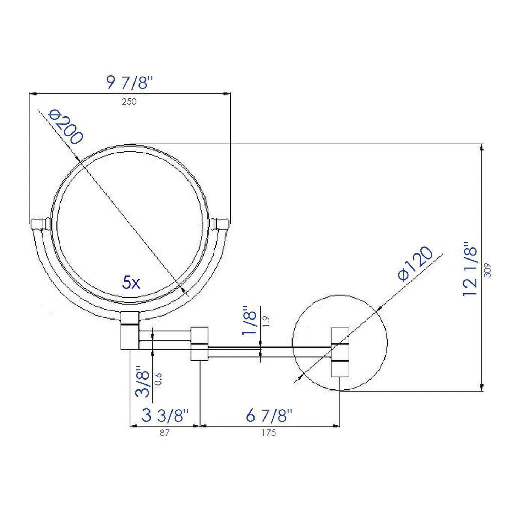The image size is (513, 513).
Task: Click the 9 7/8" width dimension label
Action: [x=129, y=83]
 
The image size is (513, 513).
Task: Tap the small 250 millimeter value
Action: [x=129, y=102]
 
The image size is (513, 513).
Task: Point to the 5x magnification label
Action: [x=131, y=283]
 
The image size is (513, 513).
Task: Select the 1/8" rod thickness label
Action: [x=249, y=321]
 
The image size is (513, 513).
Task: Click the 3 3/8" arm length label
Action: [x=165, y=415]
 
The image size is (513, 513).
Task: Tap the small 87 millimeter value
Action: [x=165, y=433]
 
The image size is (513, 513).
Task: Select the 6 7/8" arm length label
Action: [x=269, y=415]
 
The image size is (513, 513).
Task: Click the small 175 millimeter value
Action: [x=269, y=433]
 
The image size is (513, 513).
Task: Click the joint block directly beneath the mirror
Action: [x=130, y=331]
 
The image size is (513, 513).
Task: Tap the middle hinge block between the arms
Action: [x=200, y=343]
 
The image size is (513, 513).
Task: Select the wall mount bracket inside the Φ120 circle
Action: [x=340, y=352]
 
